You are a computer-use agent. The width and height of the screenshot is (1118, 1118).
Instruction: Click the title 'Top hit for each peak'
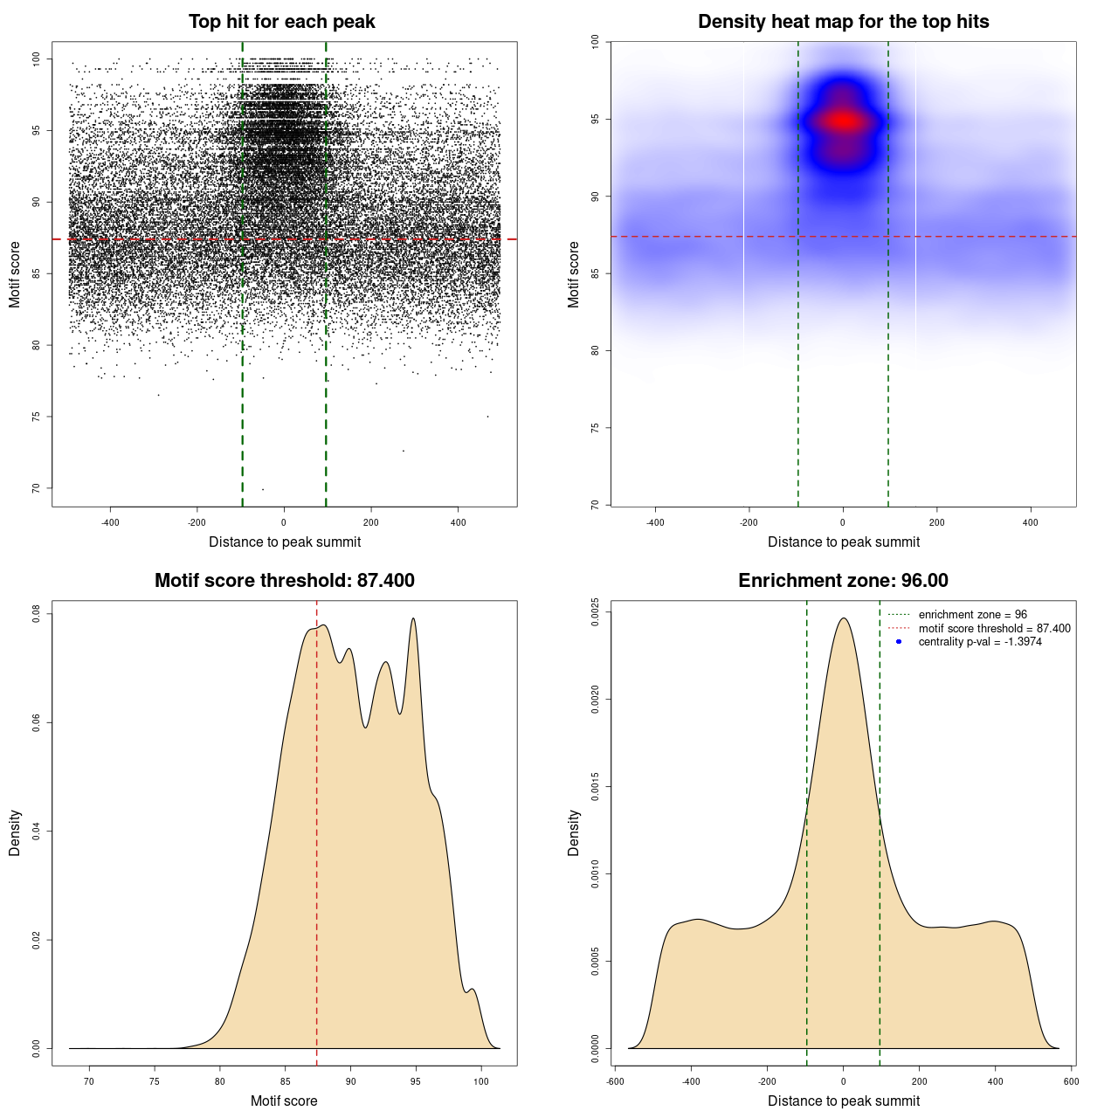pyautogui.click(x=281, y=22)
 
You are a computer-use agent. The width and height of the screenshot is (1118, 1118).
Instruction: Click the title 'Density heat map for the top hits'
pyautogui.click(x=843, y=22)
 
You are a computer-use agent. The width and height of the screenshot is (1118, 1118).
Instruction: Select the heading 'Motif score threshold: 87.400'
pyautogui.click(x=284, y=581)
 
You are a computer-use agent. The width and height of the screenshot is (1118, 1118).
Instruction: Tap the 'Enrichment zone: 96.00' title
pyautogui.click(x=843, y=581)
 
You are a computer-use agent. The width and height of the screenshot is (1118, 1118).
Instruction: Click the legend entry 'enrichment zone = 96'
pyautogui.click(x=972, y=615)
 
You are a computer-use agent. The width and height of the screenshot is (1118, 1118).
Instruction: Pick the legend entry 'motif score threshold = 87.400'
pyautogui.click(x=994, y=628)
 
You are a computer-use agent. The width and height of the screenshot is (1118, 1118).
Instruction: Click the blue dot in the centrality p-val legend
pyautogui.click(x=899, y=642)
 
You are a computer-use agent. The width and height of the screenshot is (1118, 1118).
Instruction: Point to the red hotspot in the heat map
pyautogui.click(x=843, y=121)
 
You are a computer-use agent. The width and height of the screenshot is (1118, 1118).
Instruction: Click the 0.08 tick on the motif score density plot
pyautogui.click(x=37, y=614)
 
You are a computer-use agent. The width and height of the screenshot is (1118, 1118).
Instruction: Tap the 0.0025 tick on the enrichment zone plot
pyautogui.click(x=595, y=606)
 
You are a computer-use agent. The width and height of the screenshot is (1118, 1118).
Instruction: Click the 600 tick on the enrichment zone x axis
pyautogui.click(x=1071, y=1081)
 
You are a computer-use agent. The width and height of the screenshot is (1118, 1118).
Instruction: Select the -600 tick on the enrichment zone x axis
pyautogui.click(x=615, y=1081)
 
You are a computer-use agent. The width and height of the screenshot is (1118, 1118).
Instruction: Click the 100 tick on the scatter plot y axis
pyautogui.click(x=37, y=59)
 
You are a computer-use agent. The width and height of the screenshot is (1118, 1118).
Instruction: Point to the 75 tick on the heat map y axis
pyautogui.click(x=595, y=428)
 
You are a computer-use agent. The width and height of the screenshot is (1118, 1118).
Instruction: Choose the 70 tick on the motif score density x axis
pyautogui.click(x=89, y=1081)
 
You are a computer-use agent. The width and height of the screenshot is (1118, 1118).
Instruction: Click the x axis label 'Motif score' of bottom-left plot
pyautogui.click(x=284, y=1101)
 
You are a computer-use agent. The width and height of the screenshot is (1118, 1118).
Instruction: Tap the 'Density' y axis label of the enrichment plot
pyautogui.click(x=574, y=832)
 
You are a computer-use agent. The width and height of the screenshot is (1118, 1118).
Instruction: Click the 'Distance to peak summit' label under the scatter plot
pyautogui.click(x=285, y=542)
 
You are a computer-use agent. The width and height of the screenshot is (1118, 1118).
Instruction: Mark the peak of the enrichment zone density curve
pyautogui.click(x=843, y=618)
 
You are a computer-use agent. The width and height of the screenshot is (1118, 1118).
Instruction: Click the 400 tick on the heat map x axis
pyautogui.click(x=1031, y=522)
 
